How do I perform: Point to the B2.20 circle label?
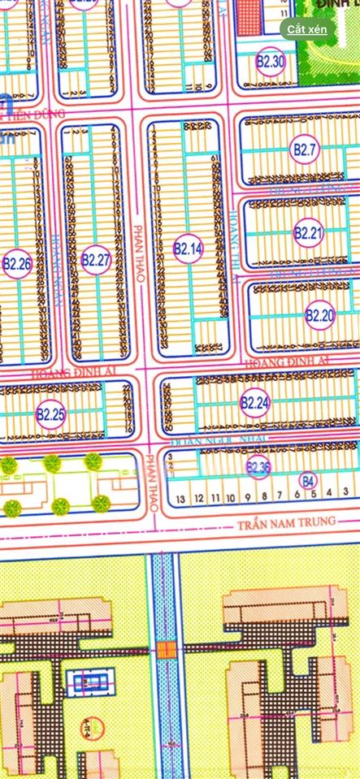click(319, 314)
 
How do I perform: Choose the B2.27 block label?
click(96, 260)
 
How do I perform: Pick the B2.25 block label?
click(50, 414)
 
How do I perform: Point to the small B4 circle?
click(307, 480)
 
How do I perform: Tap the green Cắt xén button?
click(307, 28)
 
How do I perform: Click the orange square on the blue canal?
click(166, 648)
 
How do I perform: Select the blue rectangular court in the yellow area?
click(89, 682)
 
